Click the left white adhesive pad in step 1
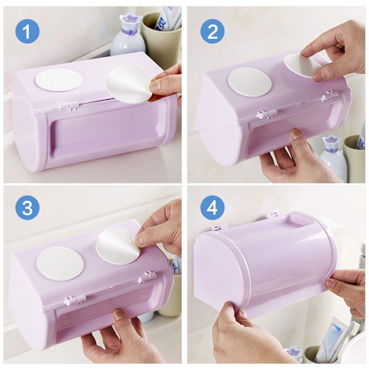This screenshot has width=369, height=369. click(59, 80)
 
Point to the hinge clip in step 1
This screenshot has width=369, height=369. click(68, 105)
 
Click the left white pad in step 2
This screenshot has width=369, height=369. click(249, 82)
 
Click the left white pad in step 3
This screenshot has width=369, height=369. click(60, 263)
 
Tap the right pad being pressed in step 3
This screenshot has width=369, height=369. click(118, 246)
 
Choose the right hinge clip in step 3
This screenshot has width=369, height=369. click(147, 278)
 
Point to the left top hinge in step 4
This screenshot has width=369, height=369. click(220, 227)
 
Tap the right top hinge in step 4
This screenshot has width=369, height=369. click(272, 215)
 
